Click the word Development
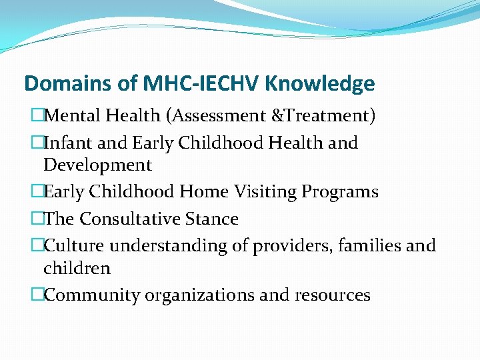pos(97,165)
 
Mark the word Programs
pos(340,192)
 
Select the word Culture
pos(74,245)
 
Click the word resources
pos(333,295)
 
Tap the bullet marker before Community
pos(38,295)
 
